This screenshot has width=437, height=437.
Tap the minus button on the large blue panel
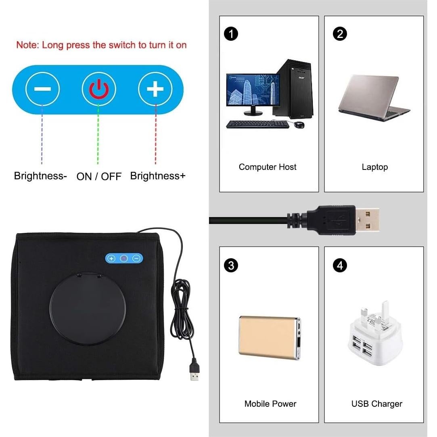pos(42,88)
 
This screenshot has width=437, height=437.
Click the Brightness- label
pos(40,176)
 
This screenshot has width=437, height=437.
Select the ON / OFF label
pos(99,176)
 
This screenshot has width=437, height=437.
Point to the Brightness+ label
pos(158,176)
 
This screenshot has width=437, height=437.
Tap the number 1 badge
pos(231,34)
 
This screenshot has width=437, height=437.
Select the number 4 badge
pos(340,265)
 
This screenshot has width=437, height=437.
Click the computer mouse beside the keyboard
pos(299,125)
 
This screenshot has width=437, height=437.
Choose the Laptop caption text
pos(374,167)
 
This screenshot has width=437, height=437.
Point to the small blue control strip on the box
pos(123,258)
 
